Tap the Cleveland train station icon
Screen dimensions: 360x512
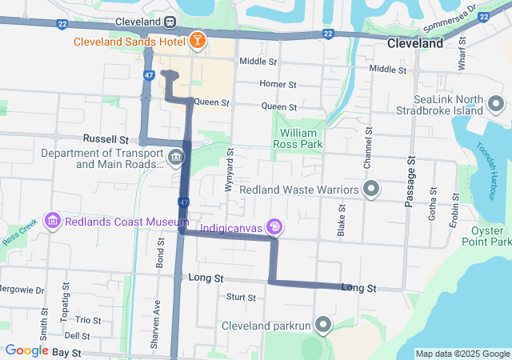pos(171,22)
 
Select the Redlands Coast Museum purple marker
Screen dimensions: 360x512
pos(53,220)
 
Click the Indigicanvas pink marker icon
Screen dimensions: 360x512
pos(274,228)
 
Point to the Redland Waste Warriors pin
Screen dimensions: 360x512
pos(370,189)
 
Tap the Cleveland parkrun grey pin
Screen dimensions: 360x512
pos(322,325)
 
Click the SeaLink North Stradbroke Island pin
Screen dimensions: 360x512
pos(495,104)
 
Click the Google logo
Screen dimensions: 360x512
pos(26,350)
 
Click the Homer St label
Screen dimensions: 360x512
pos(278,83)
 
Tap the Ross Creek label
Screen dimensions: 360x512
pos(14,239)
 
